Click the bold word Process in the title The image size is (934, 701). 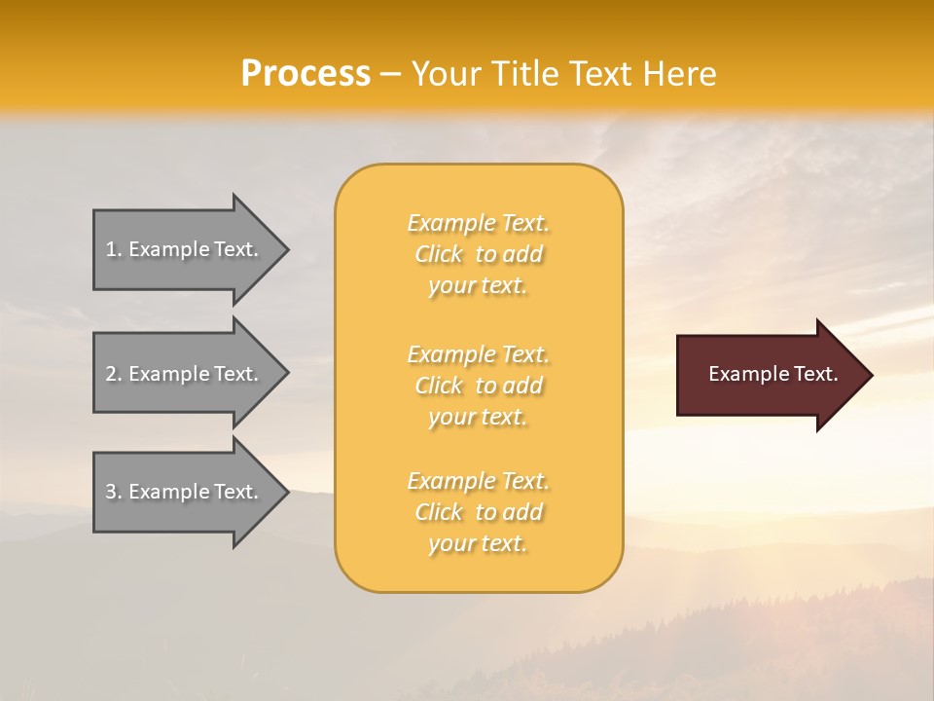tap(305, 74)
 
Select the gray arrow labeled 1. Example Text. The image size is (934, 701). tap(185, 250)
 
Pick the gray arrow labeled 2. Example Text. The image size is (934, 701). tap(185, 374)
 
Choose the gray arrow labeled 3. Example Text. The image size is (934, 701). tap(185, 493)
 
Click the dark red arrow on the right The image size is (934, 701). tap(769, 375)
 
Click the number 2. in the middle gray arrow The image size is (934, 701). tap(114, 374)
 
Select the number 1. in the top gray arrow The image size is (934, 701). tap(114, 250)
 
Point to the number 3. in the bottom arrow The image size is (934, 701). tap(114, 493)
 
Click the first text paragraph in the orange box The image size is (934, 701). tap(478, 254)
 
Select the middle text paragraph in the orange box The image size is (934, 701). tap(478, 386)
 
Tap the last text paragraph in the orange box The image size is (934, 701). tap(478, 512)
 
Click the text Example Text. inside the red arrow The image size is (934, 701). tap(772, 374)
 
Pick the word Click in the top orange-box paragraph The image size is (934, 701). tap(439, 255)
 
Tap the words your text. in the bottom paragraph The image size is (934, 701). tap(478, 544)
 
